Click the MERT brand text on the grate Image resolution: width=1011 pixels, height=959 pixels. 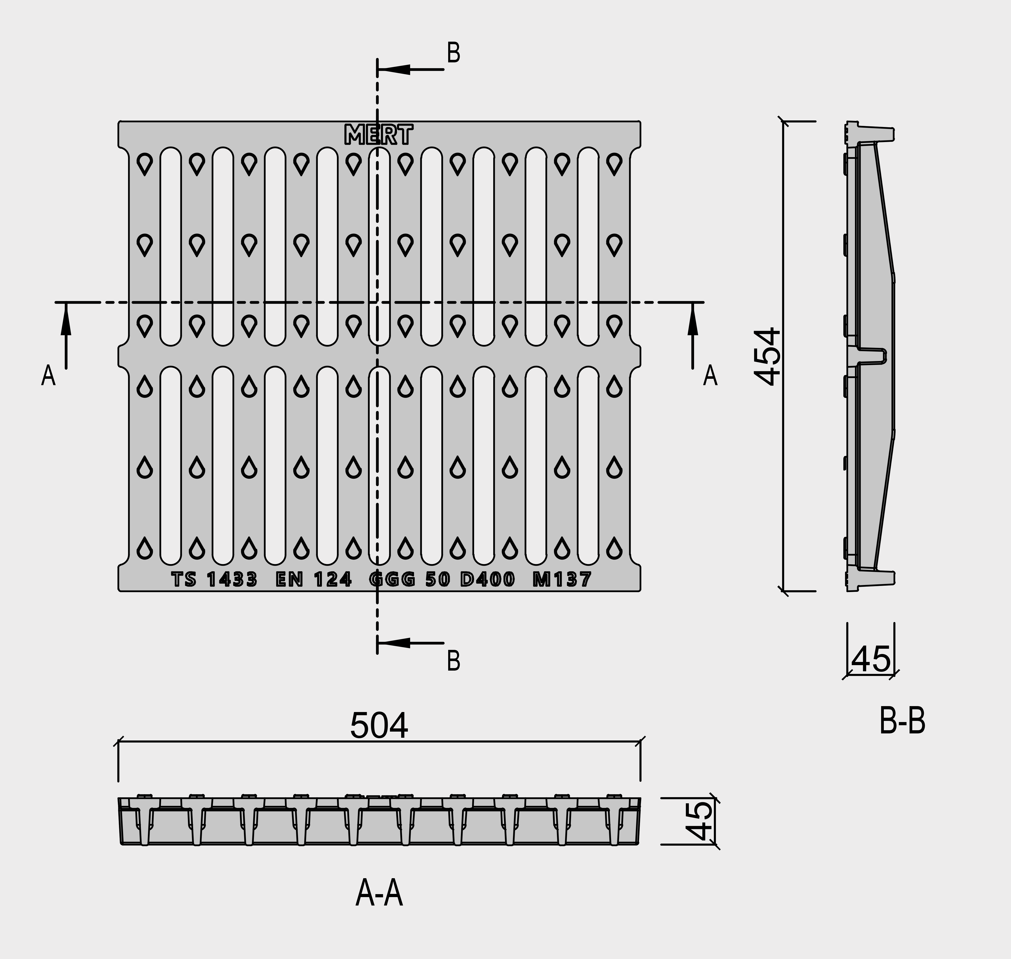(x=379, y=135)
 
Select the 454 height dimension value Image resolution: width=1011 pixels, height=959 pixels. (x=767, y=356)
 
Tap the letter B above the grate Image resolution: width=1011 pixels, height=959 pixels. (x=454, y=53)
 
